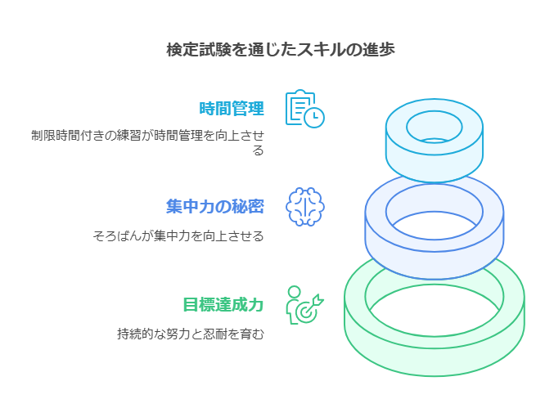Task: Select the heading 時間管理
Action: tap(232, 108)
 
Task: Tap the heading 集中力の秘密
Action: tap(215, 206)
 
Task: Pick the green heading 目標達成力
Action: tap(223, 304)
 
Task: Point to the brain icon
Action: tap(304, 207)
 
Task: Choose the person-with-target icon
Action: tap(304, 305)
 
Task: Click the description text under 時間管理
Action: tap(147, 142)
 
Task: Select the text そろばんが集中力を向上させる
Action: tap(178, 236)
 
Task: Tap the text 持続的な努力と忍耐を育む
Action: tap(191, 334)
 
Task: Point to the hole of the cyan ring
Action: tap(435, 128)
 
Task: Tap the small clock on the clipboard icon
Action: tap(314, 118)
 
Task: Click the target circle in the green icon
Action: tap(306, 312)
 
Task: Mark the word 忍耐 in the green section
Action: tap(222, 334)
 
